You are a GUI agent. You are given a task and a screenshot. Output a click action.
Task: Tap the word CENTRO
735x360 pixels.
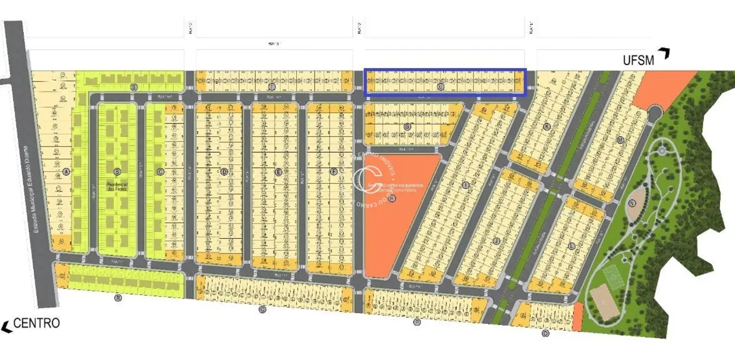coord(37,323)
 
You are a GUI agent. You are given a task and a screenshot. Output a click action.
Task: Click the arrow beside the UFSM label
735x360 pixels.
coord(664,54)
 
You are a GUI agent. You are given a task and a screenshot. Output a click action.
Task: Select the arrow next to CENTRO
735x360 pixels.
coord(7,327)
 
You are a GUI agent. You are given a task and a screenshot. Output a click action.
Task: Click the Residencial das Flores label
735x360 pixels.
coord(117,186)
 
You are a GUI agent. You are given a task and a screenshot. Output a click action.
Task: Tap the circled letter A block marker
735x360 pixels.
coord(66,172)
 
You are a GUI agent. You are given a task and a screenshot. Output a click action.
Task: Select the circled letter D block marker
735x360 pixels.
coord(224,172)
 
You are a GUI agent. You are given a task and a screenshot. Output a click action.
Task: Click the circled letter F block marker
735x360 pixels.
coord(334,172)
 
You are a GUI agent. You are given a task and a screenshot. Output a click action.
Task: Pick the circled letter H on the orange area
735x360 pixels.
coord(392,198)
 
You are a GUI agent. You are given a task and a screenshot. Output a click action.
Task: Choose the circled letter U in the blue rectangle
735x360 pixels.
coord(441,87)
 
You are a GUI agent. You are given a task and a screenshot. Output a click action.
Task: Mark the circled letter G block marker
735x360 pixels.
coord(407,127)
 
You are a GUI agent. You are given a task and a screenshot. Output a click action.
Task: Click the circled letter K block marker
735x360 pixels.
coord(547,127)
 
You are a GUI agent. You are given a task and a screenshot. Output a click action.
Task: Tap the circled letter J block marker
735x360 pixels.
coord(496,240)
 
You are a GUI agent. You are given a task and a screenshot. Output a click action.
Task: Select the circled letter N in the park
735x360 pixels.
coord(632,203)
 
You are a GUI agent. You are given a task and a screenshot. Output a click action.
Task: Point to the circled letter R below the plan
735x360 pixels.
coord(117,298)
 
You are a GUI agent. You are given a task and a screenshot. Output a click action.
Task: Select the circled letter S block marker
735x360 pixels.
coord(133,88)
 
